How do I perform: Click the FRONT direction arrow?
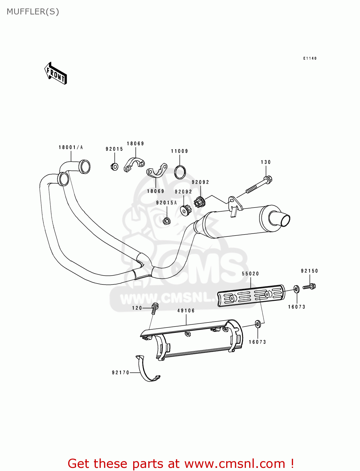click(56, 73)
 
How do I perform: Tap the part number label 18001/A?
click(71, 147)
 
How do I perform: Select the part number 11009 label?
click(179, 151)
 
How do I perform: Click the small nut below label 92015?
click(115, 166)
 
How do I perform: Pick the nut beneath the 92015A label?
click(166, 221)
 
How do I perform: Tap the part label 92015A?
click(166, 203)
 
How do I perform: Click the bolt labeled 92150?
click(309, 286)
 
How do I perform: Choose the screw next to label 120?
click(154, 308)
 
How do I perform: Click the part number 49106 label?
click(186, 311)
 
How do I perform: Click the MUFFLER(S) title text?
click(33, 12)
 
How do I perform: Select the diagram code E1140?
click(310, 58)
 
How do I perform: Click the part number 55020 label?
click(250, 273)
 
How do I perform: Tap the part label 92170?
click(121, 372)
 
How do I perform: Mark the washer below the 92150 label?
click(297, 289)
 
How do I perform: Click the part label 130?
click(266, 162)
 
